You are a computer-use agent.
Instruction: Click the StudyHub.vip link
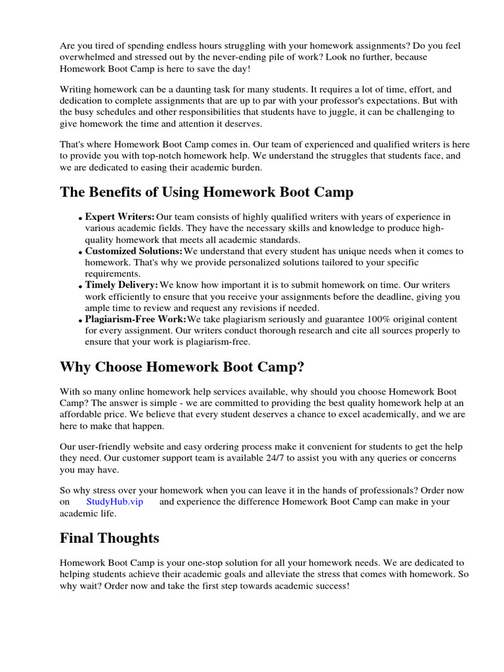114,501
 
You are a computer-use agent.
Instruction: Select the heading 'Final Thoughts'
110,538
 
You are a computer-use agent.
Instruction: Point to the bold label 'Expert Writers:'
120,217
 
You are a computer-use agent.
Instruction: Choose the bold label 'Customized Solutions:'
134,251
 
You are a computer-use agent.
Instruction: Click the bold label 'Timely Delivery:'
121,285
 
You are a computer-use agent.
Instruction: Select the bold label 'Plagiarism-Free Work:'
136,319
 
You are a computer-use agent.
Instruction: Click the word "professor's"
362,100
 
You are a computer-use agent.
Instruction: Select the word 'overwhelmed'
86,57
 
